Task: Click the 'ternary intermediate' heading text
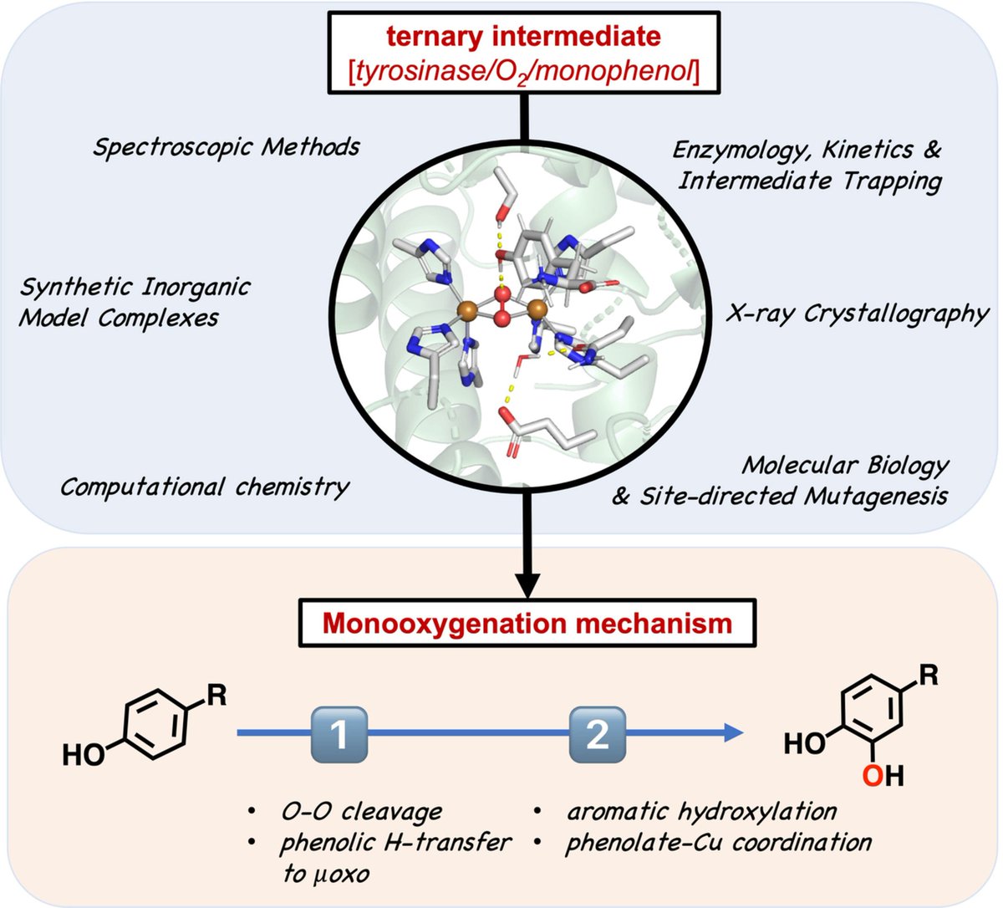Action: tap(523, 37)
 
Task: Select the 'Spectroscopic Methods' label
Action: tap(227, 147)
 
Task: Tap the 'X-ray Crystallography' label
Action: tap(857, 314)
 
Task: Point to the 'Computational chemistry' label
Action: tap(204, 487)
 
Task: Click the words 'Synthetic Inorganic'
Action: tap(135, 288)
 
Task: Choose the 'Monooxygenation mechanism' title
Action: tap(527, 623)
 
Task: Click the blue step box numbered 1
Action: tap(339, 734)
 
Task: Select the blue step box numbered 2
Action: tap(598, 734)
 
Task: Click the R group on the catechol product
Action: tap(928, 675)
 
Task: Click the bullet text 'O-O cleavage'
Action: tap(360, 810)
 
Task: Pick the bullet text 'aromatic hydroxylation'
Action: tap(701, 810)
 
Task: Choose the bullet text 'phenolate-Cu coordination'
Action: tap(718, 842)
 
